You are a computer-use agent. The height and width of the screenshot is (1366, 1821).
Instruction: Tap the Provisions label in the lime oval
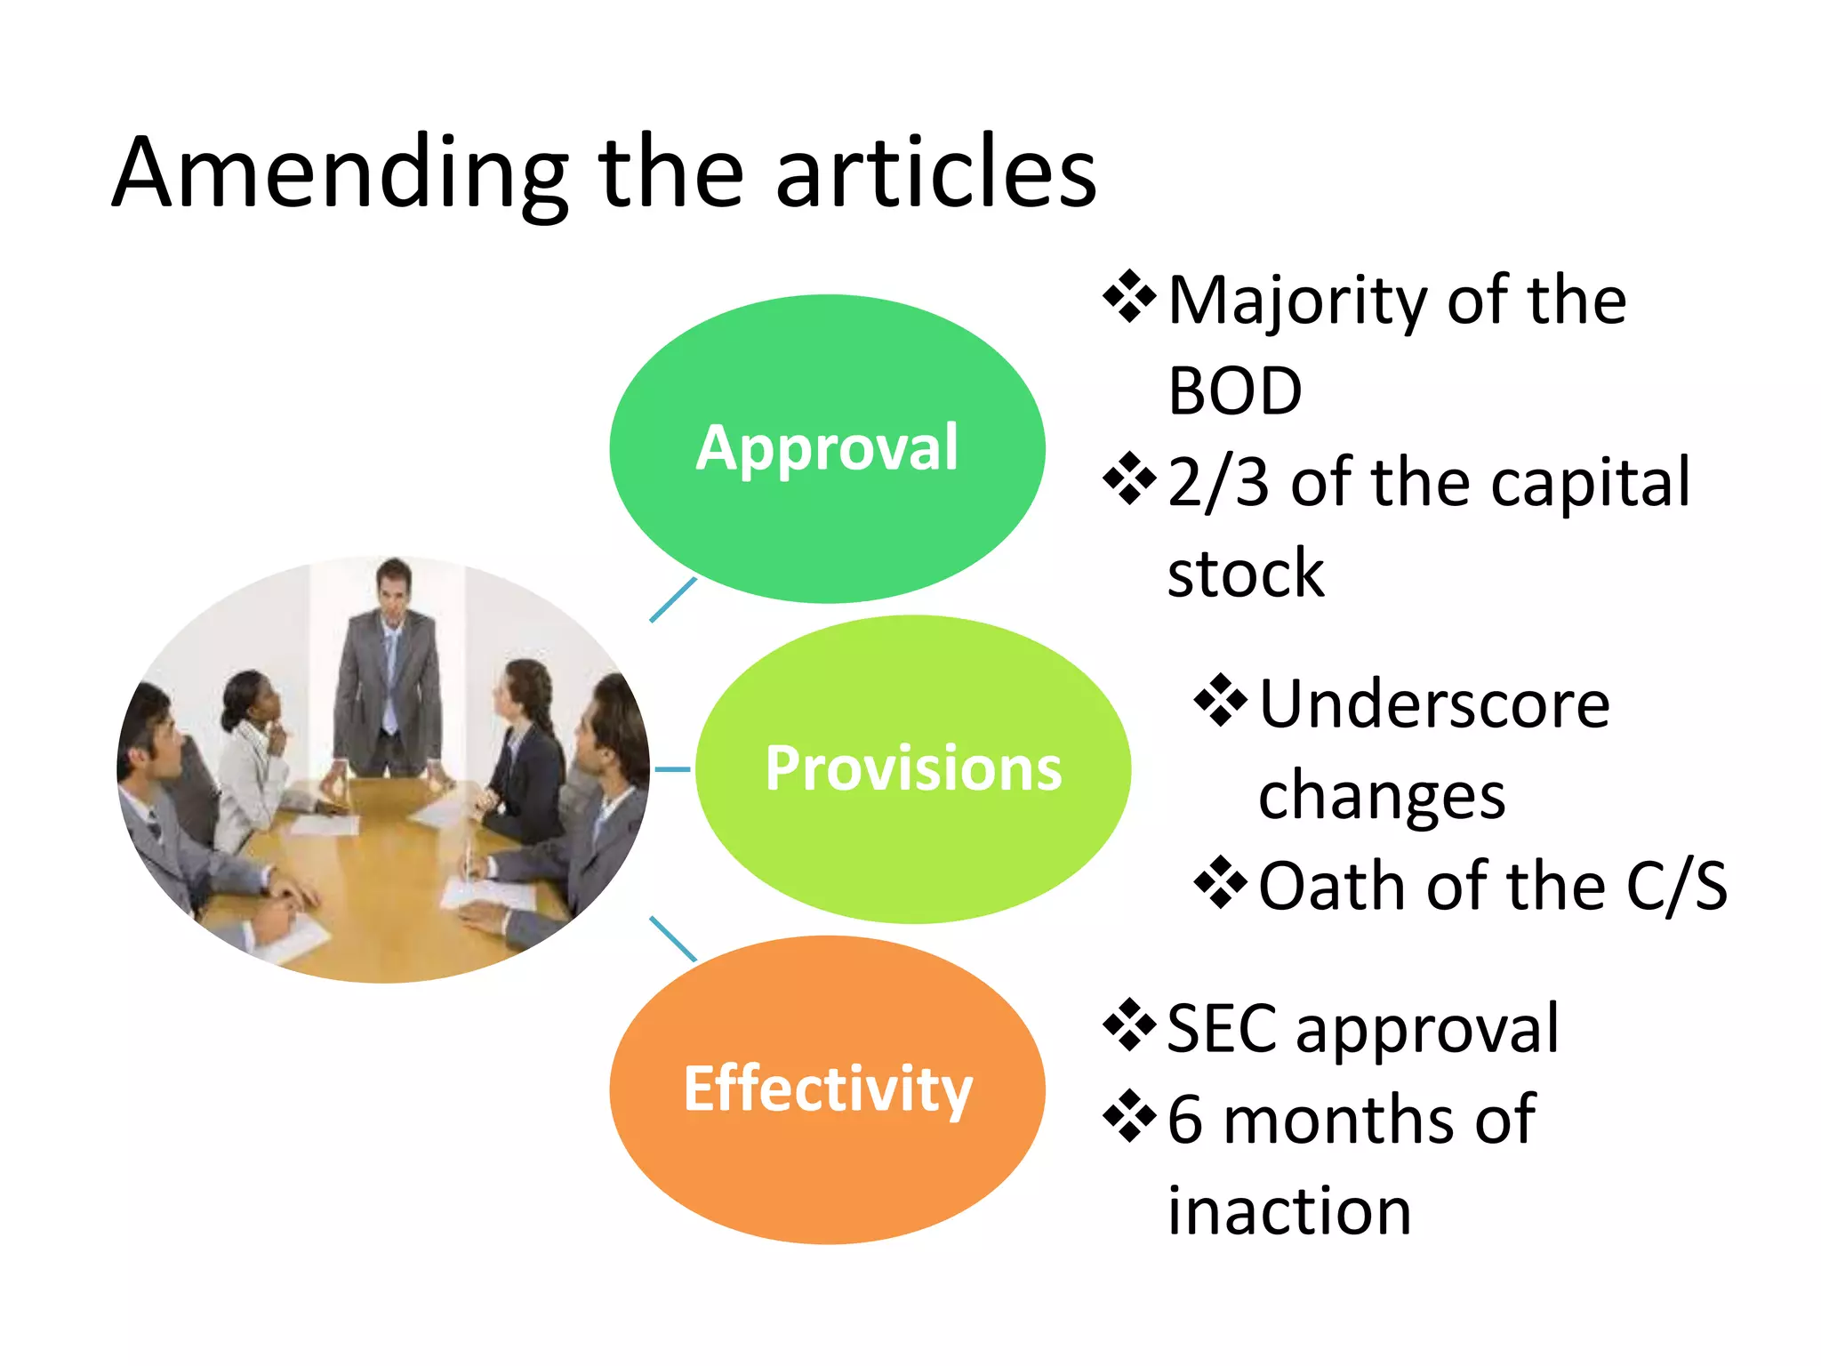point(913,768)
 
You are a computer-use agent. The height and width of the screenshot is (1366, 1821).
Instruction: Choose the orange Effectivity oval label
point(827,1089)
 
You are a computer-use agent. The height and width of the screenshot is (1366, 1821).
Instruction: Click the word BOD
point(1234,391)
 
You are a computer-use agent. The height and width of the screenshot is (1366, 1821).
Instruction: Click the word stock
point(1245,574)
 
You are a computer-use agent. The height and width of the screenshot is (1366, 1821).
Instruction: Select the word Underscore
point(1434,704)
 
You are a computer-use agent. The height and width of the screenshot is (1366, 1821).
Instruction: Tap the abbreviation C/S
point(1676,887)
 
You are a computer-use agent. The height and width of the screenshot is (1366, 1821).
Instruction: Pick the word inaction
point(1289,1211)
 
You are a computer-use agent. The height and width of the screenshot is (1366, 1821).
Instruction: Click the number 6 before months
point(1185,1120)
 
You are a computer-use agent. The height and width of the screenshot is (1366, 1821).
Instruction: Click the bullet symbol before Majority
point(1129,296)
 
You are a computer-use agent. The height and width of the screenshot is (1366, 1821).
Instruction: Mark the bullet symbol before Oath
point(1221,882)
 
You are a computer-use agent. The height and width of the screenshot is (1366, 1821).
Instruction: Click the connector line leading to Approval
point(673,600)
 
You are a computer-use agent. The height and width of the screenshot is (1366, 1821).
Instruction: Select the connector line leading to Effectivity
point(673,939)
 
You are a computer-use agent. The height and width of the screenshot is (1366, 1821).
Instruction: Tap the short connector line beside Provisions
point(672,769)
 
